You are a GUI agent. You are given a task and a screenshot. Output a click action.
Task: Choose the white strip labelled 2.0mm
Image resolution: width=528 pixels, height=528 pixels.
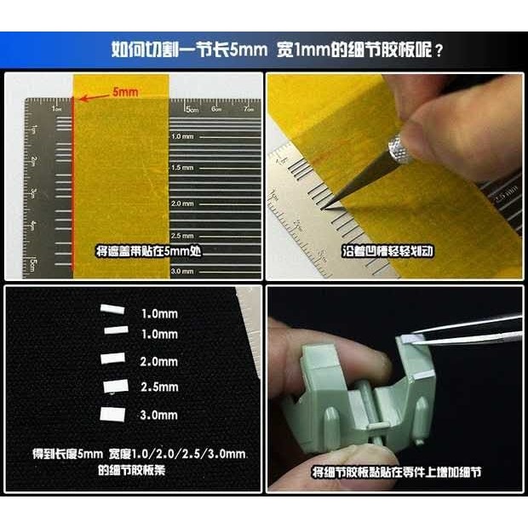[x=112, y=359]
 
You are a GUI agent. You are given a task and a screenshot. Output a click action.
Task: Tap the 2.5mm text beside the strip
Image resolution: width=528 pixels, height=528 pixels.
[x=158, y=387]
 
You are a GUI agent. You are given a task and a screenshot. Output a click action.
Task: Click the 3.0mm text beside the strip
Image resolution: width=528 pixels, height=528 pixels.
[x=158, y=415]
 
